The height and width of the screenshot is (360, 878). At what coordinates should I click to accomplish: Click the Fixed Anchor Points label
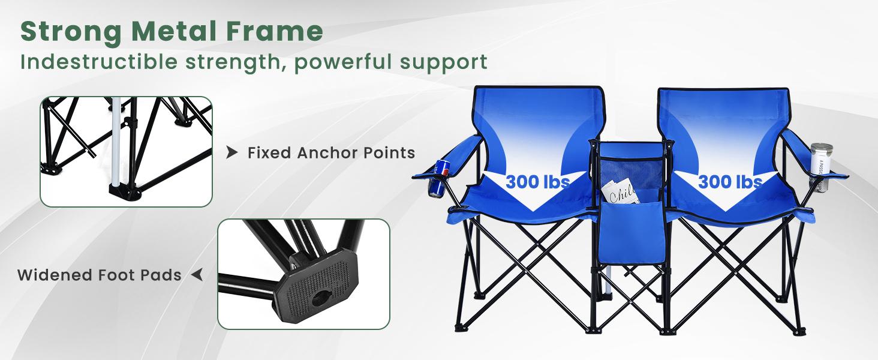[331, 153]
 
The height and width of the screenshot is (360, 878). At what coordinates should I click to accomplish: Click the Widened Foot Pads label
[100, 275]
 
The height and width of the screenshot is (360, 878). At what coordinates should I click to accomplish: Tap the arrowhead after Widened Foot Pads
[197, 275]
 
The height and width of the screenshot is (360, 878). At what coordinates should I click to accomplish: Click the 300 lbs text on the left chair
[537, 181]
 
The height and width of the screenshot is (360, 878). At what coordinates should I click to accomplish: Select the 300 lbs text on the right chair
[730, 181]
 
